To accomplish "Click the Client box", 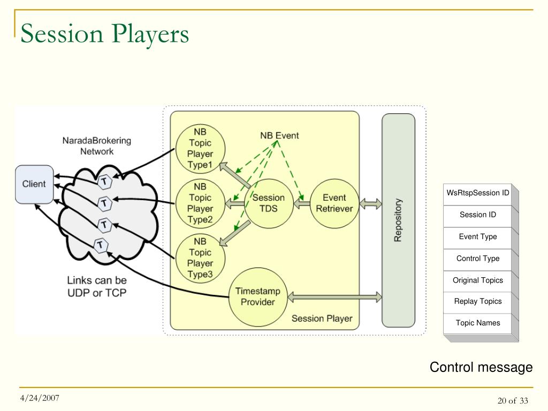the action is (34, 184).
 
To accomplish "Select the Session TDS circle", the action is (269, 203).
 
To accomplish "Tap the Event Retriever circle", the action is (334, 203).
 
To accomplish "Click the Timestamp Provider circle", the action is (258, 297).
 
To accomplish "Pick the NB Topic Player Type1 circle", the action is (200, 149).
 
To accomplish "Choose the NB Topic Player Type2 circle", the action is (200, 203).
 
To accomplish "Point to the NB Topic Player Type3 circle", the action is (200, 258).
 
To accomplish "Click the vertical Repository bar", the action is (398, 220).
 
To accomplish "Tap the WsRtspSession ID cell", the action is (478, 193).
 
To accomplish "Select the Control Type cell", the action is (478, 259).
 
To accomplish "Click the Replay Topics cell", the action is (478, 302).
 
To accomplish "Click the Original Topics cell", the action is (478, 280).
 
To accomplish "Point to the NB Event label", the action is (279, 135).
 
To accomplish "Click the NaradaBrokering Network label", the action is (97, 146).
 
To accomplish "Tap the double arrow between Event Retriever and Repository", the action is (370, 203).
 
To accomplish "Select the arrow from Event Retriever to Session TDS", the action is (302, 203).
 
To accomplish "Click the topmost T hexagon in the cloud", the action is (104, 181).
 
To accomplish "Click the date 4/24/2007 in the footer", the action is (40, 398).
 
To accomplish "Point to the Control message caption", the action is (481, 367).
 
